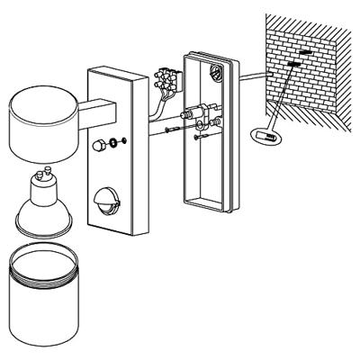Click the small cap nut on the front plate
point(98,145)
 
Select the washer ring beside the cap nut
point(113,142)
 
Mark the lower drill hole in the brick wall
point(294,66)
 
